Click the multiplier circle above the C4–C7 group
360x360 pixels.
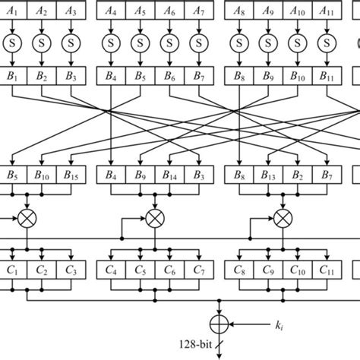pos(155,218)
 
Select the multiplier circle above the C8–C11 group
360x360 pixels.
pos(283,218)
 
